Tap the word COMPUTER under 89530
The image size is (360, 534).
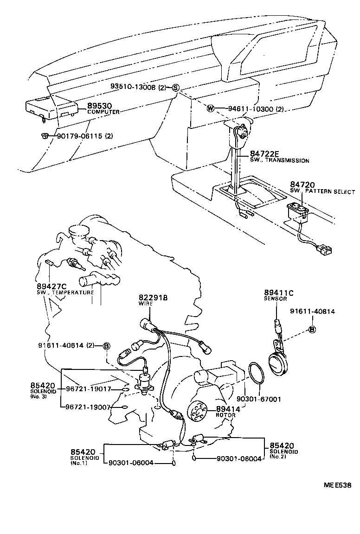pyautogui.click(x=103, y=112)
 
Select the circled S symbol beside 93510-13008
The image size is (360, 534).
pyautogui.click(x=175, y=87)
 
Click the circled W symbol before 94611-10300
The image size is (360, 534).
pyautogui.click(x=210, y=109)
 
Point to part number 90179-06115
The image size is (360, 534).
pyautogui.click(x=78, y=136)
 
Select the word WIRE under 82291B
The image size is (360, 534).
pyautogui.click(x=146, y=303)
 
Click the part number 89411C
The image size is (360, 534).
pyautogui.click(x=279, y=292)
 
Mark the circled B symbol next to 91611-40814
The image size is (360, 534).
pyautogui.click(x=312, y=330)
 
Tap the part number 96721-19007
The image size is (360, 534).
pyautogui.click(x=88, y=407)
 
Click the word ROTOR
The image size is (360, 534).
pyautogui.click(x=225, y=415)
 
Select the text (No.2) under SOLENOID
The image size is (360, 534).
pyautogui.click(x=277, y=457)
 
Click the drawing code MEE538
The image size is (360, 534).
pyautogui.click(x=337, y=486)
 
